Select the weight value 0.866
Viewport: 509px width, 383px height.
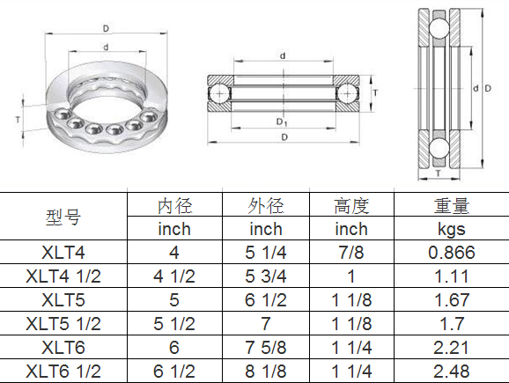pos(451,253)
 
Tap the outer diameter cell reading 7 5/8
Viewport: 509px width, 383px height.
pos(265,348)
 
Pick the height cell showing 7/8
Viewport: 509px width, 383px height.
pos(350,253)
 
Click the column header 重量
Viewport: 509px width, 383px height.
pos(451,206)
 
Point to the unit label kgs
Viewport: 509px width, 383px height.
pos(451,230)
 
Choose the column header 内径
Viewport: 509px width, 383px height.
pos(173,206)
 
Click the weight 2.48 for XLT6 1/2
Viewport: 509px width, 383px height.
pos(451,371)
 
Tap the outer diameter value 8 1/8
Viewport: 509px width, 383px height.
pos(265,371)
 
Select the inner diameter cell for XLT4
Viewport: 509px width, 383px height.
pos(173,253)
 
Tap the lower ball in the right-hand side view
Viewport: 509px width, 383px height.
pos(438,146)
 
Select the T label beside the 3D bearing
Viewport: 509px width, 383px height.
pos(19,117)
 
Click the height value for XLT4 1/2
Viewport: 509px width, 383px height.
pos(350,276)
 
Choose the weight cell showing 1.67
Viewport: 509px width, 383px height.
pos(451,300)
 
